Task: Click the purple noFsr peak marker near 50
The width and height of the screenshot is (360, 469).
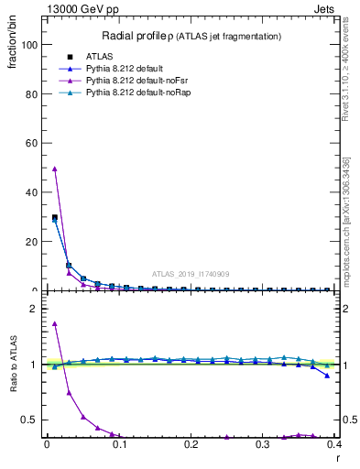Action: click(x=55, y=169)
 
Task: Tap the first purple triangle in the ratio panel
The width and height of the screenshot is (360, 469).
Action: click(x=55, y=323)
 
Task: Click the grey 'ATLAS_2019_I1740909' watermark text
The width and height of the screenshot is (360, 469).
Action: click(x=191, y=274)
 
